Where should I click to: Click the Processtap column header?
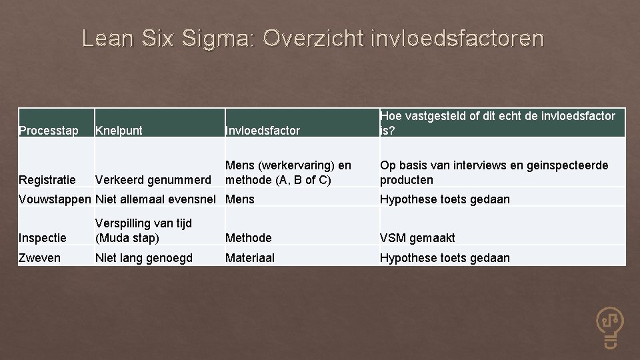click(49, 131)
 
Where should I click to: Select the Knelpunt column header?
click(119, 131)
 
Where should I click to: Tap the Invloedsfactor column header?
click(263, 131)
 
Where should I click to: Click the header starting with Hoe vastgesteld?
click(497, 123)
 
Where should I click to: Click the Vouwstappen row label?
click(55, 199)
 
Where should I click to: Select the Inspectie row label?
click(43, 237)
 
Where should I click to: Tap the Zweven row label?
click(40, 257)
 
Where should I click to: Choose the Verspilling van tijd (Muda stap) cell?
click(144, 230)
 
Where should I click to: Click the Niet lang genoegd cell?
click(144, 257)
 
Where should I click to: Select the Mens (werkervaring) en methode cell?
click(288, 173)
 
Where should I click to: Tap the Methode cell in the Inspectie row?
click(249, 237)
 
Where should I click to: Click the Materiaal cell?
click(250, 257)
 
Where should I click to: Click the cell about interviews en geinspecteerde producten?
click(494, 173)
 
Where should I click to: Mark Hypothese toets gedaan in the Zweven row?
click(445, 257)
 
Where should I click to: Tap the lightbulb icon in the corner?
click(609, 326)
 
